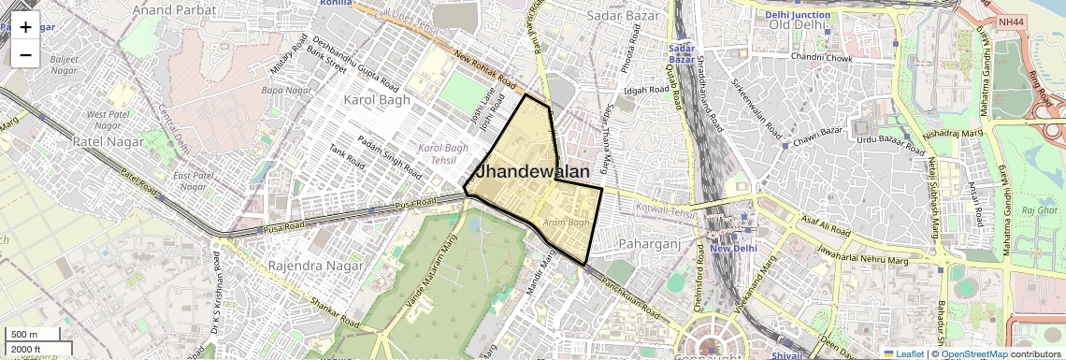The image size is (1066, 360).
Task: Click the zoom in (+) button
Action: click(x=25, y=27)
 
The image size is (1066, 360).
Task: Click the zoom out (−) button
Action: click(x=25, y=54)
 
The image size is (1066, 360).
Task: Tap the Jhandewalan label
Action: click(x=533, y=172)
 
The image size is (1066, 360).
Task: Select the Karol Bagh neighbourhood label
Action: click(x=378, y=99)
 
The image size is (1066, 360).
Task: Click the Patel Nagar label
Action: click(x=108, y=141)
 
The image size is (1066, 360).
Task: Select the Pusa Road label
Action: click(x=416, y=204)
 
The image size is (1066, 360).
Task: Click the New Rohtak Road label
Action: click(x=485, y=69)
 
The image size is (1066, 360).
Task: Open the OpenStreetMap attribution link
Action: click(x=973, y=353)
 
